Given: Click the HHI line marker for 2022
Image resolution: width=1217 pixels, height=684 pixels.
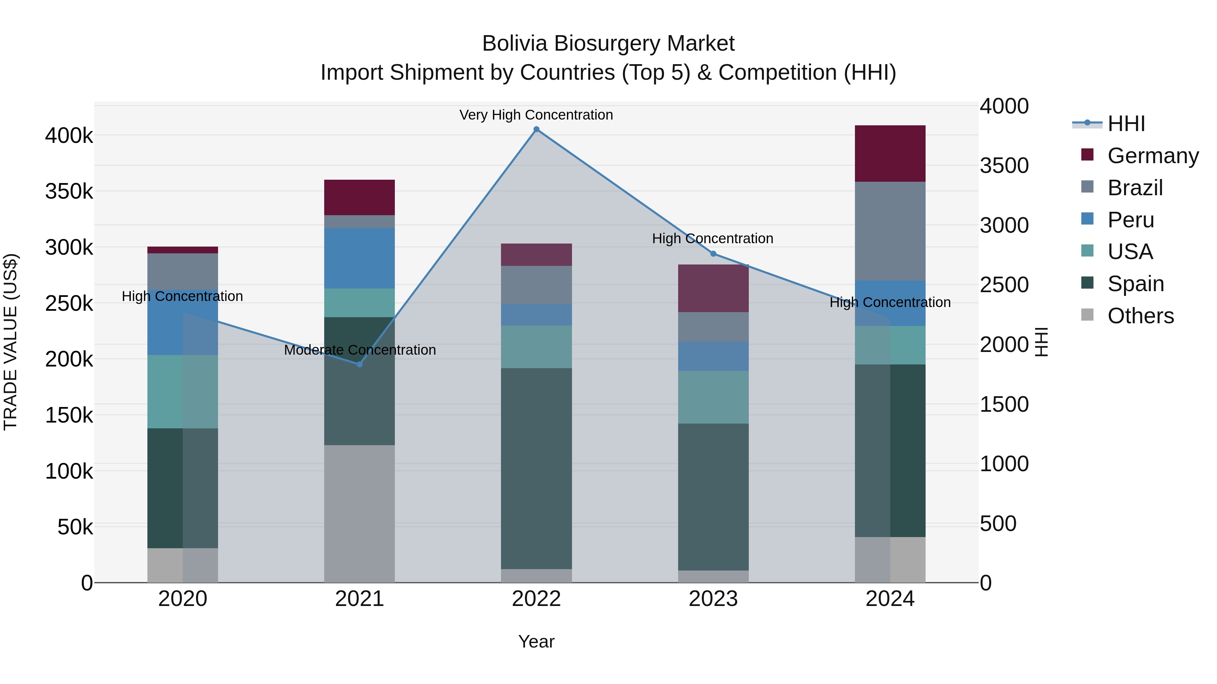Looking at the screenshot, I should [536, 129].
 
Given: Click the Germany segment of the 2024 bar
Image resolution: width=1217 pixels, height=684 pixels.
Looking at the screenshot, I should [890, 153].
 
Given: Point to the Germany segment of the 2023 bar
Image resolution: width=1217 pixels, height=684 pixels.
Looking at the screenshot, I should [713, 288].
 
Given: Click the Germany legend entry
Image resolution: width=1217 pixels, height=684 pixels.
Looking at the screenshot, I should [1153, 156].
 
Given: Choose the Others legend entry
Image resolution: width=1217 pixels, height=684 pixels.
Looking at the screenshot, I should [1141, 316].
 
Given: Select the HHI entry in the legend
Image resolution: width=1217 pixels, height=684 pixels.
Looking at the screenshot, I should [1126, 124].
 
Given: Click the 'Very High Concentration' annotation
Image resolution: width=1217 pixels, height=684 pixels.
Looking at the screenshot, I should [536, 115].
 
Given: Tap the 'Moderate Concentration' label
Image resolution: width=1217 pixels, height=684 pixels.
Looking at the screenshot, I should [360, 350].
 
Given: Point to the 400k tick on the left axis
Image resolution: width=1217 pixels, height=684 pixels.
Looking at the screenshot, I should [69, 136].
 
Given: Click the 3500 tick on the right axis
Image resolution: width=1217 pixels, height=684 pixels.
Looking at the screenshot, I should [1004, 166].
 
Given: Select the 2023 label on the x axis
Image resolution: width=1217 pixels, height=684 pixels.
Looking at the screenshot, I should [713, 599].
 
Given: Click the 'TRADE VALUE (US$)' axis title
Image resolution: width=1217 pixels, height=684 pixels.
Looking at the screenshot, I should [11, 342].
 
